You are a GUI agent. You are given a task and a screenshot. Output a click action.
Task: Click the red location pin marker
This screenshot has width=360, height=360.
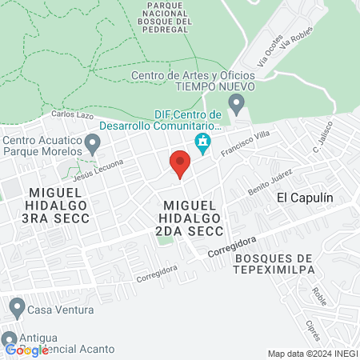coord(180,164)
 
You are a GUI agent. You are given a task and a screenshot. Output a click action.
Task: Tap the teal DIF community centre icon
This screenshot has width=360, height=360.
coord(202,143)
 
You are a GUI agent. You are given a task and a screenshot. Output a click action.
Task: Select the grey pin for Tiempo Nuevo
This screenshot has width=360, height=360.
coord(235,102)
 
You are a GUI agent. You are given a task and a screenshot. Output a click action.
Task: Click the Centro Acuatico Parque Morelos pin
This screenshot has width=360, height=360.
coord(93,145)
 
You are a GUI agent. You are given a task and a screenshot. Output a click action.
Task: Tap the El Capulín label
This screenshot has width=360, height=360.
coord(304,197)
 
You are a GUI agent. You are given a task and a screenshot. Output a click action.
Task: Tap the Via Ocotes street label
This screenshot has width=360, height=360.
coord(270,50)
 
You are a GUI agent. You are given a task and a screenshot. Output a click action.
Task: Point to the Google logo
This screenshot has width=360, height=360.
coord(26,350)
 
